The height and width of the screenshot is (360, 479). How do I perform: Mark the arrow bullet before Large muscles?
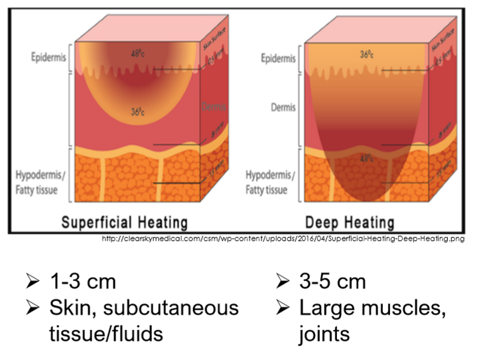click(281, 308)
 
